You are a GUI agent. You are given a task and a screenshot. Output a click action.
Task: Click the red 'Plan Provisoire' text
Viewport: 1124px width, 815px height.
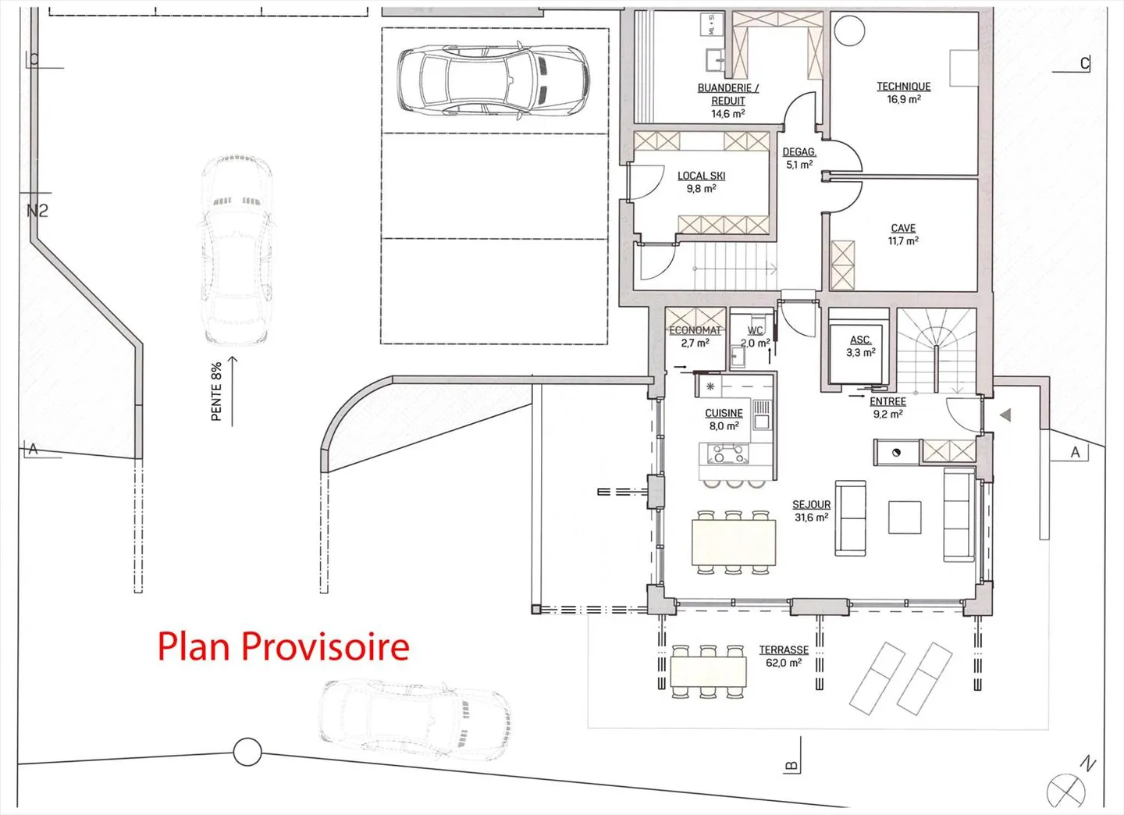coord(283,646)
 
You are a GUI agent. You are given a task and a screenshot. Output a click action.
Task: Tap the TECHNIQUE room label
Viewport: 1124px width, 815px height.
coord(903,93)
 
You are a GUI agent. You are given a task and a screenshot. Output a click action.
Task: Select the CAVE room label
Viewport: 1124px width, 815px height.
coord(903,234)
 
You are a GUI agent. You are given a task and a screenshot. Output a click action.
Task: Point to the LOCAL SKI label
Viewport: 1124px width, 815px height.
coord(701,182)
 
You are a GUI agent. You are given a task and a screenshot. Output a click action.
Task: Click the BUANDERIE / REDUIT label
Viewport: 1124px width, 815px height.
coord(727,101)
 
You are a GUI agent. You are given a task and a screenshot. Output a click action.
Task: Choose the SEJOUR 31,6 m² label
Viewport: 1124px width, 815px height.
coord(811,511)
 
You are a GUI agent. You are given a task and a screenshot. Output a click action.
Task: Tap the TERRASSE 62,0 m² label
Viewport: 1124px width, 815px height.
coord(784,656)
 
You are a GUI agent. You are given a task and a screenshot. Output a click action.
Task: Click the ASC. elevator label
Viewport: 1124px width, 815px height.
coord(860,346)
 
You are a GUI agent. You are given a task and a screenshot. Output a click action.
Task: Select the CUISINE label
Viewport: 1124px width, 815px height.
coord(724,419)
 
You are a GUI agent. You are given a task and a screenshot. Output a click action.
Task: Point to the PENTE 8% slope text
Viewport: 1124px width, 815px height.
coord(217,391)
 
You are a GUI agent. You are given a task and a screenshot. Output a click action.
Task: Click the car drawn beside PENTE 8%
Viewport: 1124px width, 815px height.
coord(237,250)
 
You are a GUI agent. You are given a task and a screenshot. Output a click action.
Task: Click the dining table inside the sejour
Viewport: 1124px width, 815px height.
coord(733,543)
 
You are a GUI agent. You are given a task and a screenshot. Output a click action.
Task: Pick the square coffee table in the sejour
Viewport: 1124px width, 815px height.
coord(905,517)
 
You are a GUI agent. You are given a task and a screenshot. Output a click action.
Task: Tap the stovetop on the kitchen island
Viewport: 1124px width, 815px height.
coord(727,454)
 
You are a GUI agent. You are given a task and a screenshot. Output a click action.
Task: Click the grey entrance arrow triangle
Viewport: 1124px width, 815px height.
coord(1005,415)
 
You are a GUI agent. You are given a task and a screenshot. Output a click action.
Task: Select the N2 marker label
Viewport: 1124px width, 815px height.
coord(37,211)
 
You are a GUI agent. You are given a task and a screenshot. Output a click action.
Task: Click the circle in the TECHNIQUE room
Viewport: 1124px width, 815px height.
coord(848,31)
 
